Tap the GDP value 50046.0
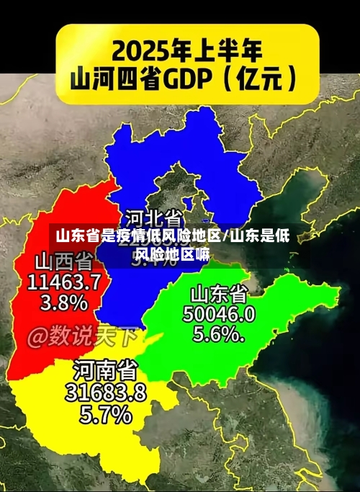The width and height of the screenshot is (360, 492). point(219,313)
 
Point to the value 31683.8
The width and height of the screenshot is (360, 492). point(105,393)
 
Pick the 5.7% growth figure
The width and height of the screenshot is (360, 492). point(105,414)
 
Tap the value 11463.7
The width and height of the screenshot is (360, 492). point(64,281)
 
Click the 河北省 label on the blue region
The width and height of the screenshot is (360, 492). point(154,217)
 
